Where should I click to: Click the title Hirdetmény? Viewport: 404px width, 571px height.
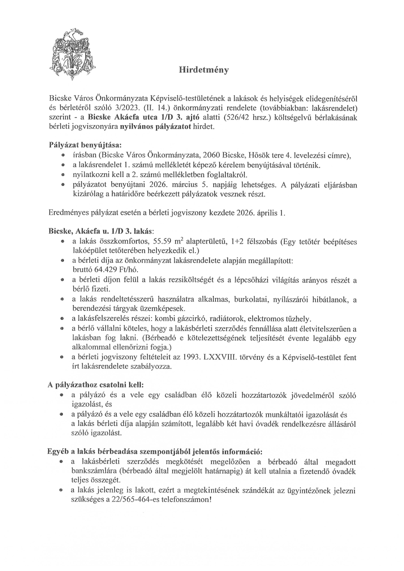click(x=203, y=69)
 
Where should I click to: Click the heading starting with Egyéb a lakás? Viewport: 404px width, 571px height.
click(x=155, y=451)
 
